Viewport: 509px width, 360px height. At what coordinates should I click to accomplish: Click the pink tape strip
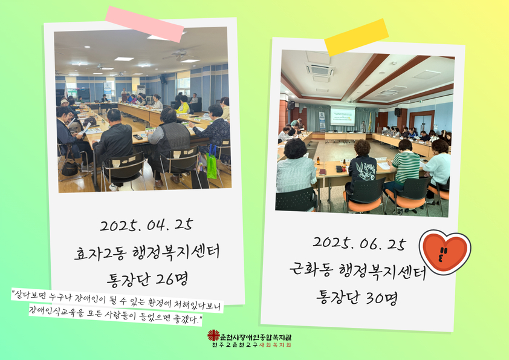[x=144, y=24]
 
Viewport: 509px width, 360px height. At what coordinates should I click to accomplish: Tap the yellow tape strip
[x=357, y=38]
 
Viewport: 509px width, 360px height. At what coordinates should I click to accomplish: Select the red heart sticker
[x=445, y=252]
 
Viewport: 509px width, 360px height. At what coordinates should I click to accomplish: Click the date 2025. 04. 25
[x=146, y=225]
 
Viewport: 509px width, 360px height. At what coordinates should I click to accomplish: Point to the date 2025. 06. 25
[x=360, y=243]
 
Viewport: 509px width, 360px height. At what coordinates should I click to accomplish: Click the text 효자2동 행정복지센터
[x=147, y=252]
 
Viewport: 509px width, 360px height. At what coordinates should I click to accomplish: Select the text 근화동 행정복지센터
[x=358, y=270]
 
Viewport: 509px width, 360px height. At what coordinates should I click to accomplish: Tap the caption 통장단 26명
[x=148, y=279]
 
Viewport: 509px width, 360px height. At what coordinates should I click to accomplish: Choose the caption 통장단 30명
[x=357, y=297]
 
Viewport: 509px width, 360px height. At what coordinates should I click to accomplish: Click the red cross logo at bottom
[x=213, y=335]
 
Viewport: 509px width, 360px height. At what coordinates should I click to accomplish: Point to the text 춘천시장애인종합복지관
[x=256, y=337]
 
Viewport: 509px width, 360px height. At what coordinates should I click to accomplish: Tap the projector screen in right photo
[x=343, y=116]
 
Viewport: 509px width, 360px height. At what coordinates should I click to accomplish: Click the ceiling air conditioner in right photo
[x=320, y=69]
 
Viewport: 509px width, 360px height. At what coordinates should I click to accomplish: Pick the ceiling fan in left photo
[x=181, y=54]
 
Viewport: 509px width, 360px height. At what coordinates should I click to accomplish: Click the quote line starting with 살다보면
[x=117, y=301]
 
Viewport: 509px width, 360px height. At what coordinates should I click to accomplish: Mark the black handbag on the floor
[x=70, y=168]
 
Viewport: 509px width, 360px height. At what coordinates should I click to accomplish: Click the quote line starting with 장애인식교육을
[x=115, y=315]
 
